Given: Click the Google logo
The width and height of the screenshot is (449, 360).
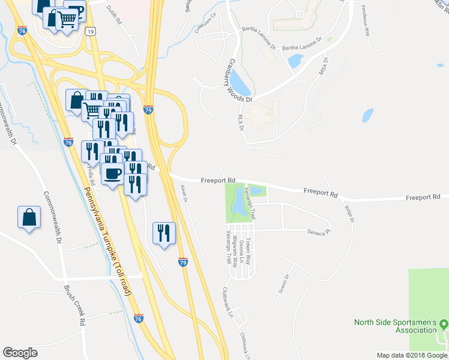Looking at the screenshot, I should (20, 352).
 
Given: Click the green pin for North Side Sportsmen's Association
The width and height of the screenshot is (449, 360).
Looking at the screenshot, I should (444, 324).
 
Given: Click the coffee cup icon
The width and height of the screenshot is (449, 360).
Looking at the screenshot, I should (113, 174).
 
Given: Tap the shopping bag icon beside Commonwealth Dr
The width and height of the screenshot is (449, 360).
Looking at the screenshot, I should (29, 218).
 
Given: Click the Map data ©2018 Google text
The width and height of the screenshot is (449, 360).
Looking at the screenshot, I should (411, 355).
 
